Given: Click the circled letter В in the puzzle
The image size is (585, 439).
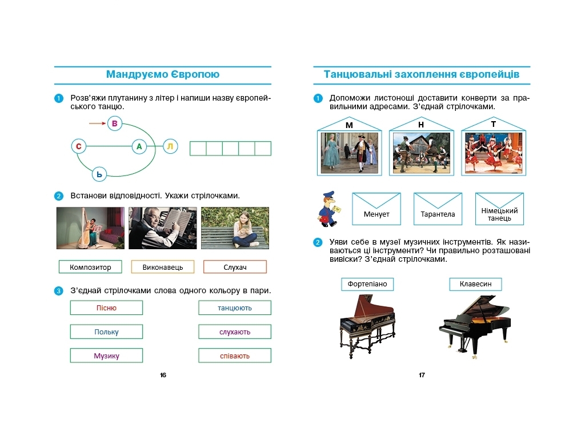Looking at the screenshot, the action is [114, 123].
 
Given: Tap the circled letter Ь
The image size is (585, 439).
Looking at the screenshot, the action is [99, 174].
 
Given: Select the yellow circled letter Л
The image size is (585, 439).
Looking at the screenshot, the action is [170, 146].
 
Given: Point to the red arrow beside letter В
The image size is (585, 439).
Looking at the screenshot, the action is [97, 123].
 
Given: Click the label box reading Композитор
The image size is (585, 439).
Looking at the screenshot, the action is [90, 267].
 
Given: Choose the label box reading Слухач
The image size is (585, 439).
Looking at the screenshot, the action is [235, 267].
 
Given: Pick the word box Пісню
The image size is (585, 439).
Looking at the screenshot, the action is [106, 308].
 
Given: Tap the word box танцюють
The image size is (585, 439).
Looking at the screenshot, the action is [235, 308].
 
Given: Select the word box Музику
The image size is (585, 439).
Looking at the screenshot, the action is [106, 356].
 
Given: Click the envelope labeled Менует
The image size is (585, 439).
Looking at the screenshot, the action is [376, 209].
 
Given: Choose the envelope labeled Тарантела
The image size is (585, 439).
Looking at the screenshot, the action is [438, 209].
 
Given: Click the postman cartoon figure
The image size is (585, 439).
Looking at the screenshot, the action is [329, 209].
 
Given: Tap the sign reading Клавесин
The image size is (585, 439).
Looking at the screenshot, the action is [476, 284].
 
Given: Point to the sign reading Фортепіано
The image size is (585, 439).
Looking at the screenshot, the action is [367, 284].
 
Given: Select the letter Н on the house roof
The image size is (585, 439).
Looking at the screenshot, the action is [421, 125].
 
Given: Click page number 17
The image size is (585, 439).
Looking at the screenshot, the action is [422, 375].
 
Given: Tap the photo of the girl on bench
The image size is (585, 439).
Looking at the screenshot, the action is [235, 228].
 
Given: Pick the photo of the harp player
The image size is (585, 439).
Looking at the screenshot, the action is [90, 228].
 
